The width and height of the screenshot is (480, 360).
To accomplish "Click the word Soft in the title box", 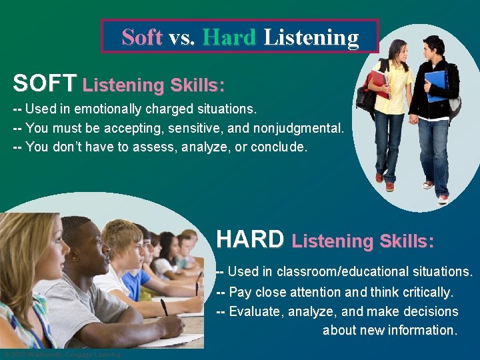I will (142, 37).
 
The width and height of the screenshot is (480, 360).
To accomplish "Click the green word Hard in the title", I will (230, 37).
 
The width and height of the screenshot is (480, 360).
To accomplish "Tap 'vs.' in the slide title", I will (182, 37).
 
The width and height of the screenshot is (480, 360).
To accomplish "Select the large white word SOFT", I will (44, 83).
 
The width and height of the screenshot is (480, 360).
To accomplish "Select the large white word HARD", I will (250, 239).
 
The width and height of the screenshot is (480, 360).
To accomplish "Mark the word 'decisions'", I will (426, 311).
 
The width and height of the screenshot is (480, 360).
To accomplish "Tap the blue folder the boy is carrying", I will (436, 85).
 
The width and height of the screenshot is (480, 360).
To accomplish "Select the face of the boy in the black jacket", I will (433, 48).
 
